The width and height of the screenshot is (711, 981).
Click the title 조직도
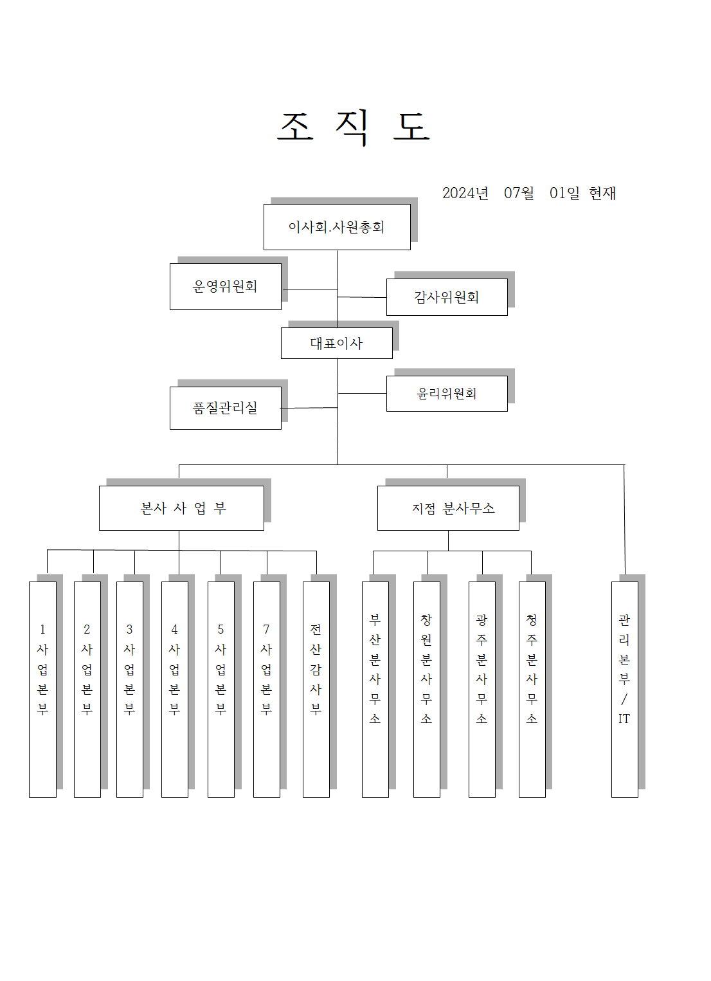[x=353, y=126]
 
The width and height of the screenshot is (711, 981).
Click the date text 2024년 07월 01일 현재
[x=528, y=193]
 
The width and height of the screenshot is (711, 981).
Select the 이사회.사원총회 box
[x=337, y=227]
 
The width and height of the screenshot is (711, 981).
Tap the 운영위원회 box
[x=226, y=286]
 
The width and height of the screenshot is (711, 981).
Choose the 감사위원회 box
[x=447, y=297]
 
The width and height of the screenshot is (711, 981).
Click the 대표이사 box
[x=336, y=344]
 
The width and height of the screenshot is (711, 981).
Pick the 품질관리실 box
[x=226, y=408]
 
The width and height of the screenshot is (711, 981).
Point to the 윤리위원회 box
[x=447, y=394]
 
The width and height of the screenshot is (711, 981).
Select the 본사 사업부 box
[x=181, y=508]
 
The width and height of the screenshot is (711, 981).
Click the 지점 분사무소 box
[x=448, y=508]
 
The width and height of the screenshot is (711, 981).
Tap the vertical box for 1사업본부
[x=42, y=689]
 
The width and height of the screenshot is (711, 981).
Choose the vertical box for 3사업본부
[x=129, y=689]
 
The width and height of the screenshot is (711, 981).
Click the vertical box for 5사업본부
[x=221, y=689]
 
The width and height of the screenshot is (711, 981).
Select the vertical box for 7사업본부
[x=266, y=689]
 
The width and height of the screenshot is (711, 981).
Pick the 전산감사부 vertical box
[x=316, y=689]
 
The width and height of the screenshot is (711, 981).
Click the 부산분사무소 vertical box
[x=375, y=689]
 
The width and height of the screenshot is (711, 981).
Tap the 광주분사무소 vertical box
[x=482, y=689]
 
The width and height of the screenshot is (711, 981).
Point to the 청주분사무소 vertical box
[x=532, y=689]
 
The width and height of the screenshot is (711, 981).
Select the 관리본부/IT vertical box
[x=624, y=689]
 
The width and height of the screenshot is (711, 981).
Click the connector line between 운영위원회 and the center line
[x=309, y=289]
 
